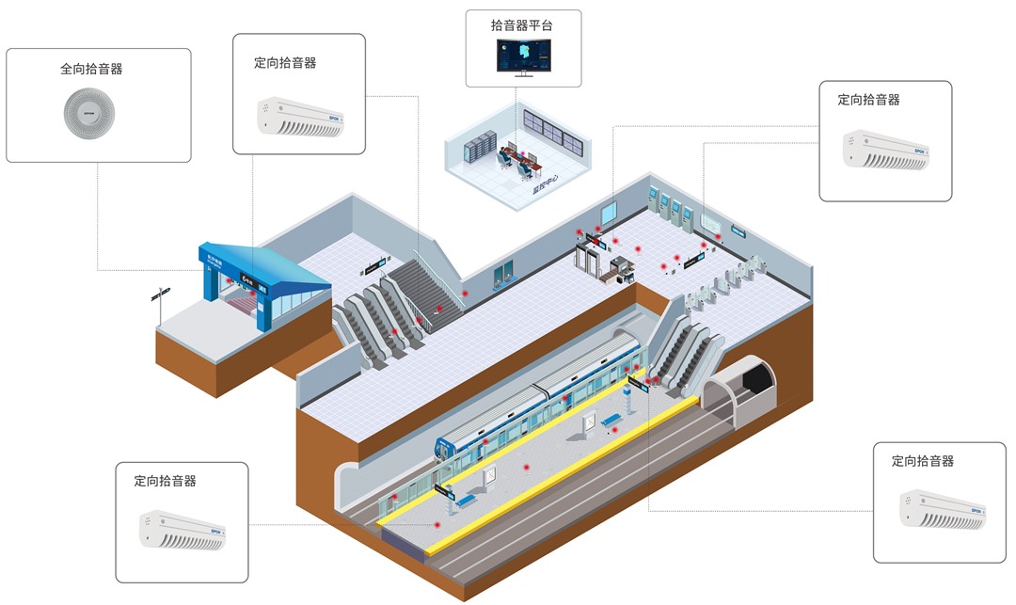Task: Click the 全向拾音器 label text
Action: tap(91, 70)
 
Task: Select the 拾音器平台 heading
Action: tap(523, 25)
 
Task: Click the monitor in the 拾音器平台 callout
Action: tap(524, 57)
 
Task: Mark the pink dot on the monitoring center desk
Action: tap(514, 148)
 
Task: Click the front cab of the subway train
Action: tap(449, 449)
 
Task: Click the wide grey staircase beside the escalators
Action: tap(425, 289)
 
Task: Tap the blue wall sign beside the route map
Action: tap(738, 231)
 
